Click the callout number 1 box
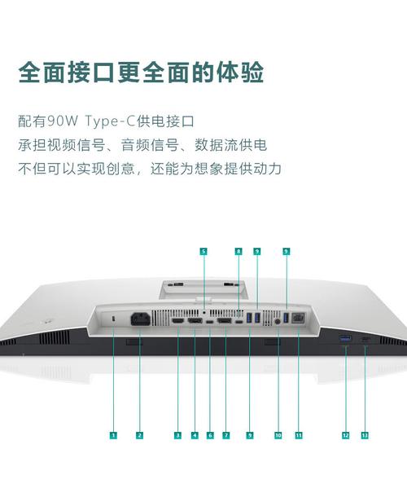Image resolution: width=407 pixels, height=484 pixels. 113,435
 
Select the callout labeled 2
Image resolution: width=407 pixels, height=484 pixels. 139,435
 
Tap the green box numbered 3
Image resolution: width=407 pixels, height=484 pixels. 177,435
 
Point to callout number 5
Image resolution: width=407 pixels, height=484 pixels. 203,252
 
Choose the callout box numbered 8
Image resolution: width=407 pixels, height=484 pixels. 239,252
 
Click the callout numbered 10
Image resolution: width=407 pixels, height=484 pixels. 278,435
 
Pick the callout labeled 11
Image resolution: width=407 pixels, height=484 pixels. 299,435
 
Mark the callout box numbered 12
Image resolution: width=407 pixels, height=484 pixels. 345,435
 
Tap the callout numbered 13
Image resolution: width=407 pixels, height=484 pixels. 364,435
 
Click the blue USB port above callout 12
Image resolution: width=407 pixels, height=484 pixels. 345,338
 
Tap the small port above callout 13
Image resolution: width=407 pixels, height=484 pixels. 364,338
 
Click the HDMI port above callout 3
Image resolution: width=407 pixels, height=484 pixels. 177,321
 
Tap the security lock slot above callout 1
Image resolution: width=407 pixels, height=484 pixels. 113,318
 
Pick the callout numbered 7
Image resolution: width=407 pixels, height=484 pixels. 225,435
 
